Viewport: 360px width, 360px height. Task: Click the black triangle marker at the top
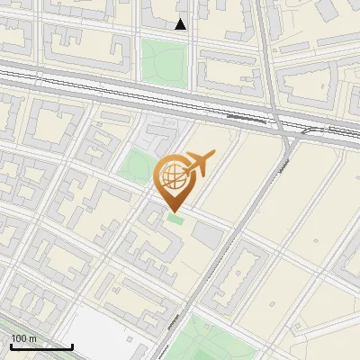181,24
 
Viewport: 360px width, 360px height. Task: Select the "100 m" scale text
24,338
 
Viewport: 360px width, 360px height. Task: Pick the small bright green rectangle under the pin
175,219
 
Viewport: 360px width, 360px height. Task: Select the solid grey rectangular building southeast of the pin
207,237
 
